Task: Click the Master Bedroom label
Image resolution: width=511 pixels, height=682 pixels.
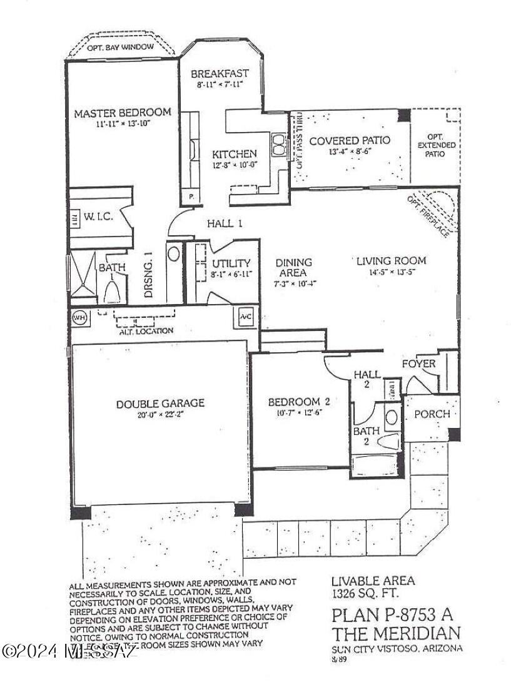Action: click(x=122, y=113)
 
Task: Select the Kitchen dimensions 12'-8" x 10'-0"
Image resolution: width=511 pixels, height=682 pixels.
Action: click(x=233, y=165)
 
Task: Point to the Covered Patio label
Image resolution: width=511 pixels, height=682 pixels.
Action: click(x=350, y=140)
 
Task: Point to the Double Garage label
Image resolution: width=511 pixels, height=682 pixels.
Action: click(x=160, y=404)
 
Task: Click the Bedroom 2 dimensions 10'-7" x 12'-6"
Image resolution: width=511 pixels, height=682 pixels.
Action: click(x=298, y=413)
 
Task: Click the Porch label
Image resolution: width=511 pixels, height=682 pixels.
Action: click(x=432, y=414)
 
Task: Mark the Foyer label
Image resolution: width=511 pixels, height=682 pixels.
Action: click(x=418, y=364)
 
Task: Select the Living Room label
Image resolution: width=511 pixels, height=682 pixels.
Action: click(x=391, y=260)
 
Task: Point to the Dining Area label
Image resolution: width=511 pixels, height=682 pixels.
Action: click(x=293, y=267)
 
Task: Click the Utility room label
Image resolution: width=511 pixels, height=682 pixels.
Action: click(x=231, y=263)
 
